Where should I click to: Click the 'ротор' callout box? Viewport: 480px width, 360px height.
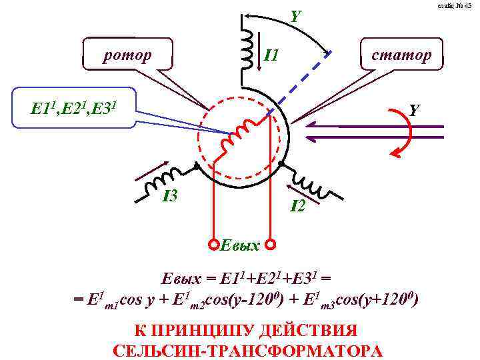127,53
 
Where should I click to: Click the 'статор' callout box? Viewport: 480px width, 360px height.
399,54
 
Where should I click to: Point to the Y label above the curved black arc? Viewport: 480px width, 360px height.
295,13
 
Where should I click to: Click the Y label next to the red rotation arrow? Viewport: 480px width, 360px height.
414,109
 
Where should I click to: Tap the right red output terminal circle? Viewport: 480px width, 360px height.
271,244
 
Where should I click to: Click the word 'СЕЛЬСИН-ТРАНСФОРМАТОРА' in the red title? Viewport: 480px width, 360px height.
248,351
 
